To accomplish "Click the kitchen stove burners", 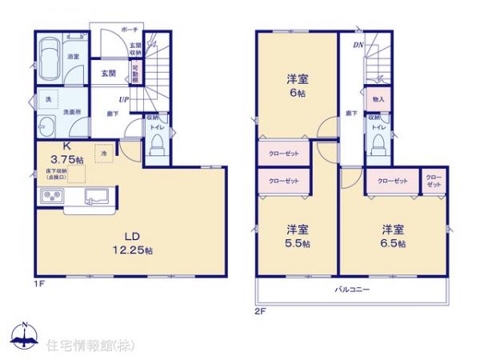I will click(x=47, y=195).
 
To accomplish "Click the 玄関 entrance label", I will click(x=109, y=73).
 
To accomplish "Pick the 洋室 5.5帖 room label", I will click(x=298, y=234).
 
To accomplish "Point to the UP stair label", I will click(x=125, y=98).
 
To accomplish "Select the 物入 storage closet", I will click(x=378, y=100).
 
